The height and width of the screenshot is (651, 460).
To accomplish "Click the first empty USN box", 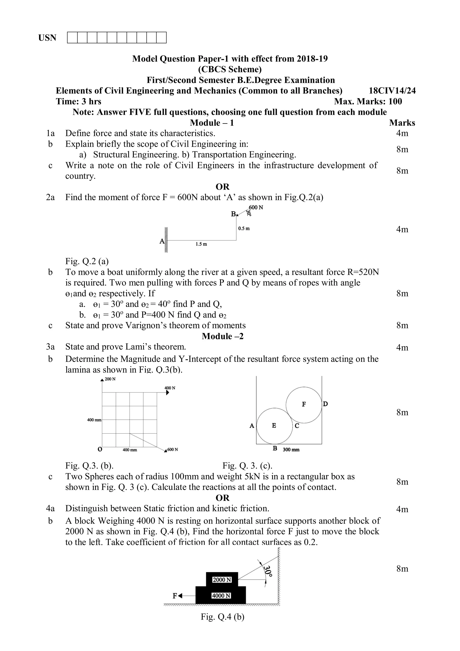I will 72,38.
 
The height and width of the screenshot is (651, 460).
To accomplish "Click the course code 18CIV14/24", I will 392,91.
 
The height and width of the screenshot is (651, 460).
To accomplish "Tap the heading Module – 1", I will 212,123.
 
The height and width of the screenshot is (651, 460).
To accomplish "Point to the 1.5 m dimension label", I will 201,244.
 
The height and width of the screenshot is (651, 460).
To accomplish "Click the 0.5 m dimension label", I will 244,229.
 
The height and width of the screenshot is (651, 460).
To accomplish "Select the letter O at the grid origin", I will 100,449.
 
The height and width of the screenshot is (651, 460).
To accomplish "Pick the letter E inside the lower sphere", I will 274,426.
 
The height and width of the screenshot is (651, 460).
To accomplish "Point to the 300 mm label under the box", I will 291,450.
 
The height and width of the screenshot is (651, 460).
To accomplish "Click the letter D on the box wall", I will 325,404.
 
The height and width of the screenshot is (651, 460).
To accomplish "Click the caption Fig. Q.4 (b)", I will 223,617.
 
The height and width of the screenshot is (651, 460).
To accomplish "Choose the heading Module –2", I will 223,336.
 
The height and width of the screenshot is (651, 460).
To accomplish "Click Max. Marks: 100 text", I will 368,102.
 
